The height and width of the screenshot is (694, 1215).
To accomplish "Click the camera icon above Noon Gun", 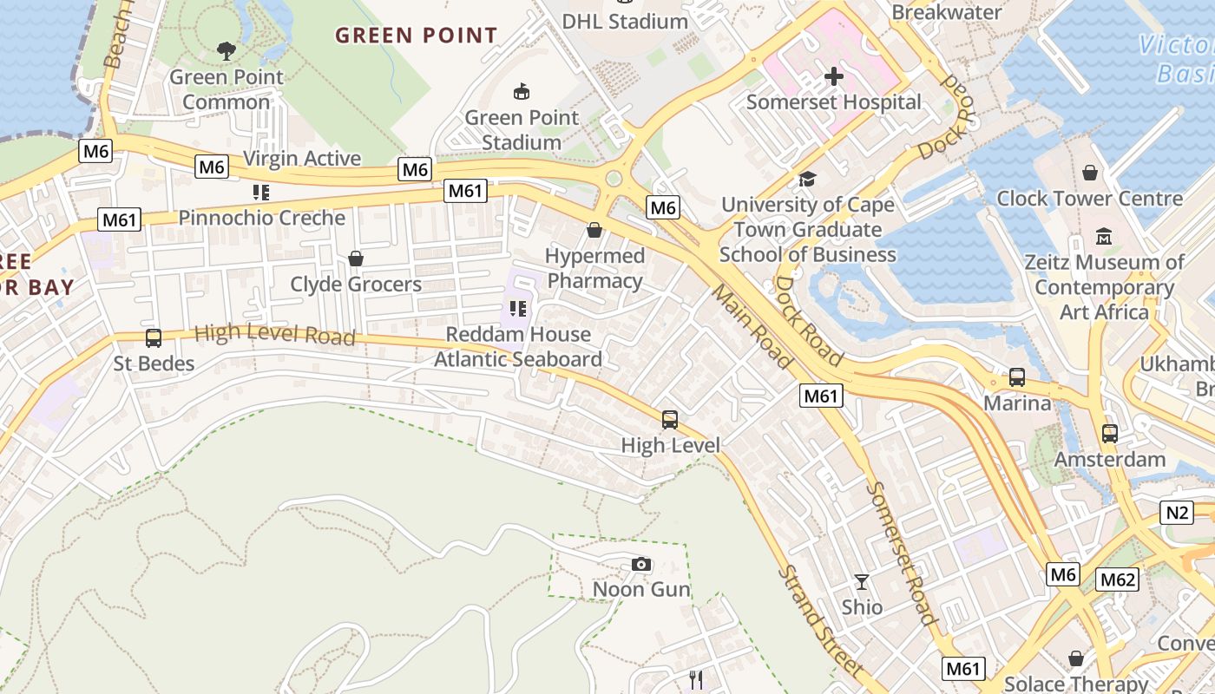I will click(x=641, y=565).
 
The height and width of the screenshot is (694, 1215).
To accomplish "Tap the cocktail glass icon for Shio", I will click(x=862, y=582).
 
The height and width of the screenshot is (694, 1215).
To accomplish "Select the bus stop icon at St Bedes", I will click(x=154, y=338).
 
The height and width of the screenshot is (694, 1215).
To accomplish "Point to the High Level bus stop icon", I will click(x=670, y=420).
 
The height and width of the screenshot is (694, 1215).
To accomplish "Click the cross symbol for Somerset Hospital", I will click(x=833, y=76).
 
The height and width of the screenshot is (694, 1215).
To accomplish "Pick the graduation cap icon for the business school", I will click(x=808, y=180).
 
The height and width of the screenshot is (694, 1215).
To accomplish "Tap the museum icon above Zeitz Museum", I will click(x=1104, y=236).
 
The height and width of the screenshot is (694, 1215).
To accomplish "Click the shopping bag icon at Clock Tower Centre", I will click(x=1090, y=173).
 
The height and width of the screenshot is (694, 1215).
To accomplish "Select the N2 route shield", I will click(x=1177, y=512).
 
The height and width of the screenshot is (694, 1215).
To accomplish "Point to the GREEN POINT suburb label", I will click(x=417, y=36).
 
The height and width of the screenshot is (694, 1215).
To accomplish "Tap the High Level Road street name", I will click(x=274, y=335).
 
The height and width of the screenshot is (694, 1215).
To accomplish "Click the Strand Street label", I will click(x=820, y=621).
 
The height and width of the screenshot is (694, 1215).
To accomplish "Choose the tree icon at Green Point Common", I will click(x=227, y=51).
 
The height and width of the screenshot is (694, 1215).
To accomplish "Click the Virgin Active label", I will click(x=302, y=158).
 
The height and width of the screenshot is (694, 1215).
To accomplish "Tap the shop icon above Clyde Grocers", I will click(x=355, y=259).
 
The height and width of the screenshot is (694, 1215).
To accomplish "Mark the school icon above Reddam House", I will click(x=518, y=308).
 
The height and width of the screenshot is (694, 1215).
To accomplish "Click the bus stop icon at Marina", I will click(x=1017, y=377).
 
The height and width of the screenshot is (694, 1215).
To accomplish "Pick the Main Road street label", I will click(x=752, y=325).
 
